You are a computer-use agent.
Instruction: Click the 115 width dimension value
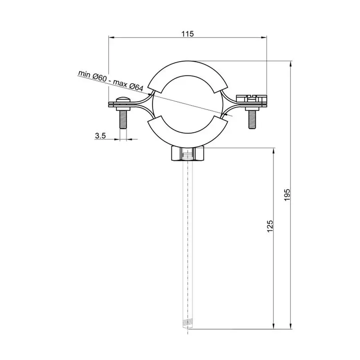click(187, 34)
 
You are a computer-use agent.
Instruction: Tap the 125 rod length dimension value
click(270, 226)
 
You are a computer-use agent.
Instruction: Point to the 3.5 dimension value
click(100, 136)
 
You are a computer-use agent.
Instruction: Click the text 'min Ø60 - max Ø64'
click(111, 78)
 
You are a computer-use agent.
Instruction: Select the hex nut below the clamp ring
click(187, 154)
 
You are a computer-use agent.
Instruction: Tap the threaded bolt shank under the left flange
click(123, 119)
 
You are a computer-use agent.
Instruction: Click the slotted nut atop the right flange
click(252, 98)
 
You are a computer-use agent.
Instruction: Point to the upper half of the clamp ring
click(187, 69)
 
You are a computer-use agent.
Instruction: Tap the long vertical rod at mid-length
click(187, 240)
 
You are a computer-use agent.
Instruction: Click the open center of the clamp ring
click(187, 104)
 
